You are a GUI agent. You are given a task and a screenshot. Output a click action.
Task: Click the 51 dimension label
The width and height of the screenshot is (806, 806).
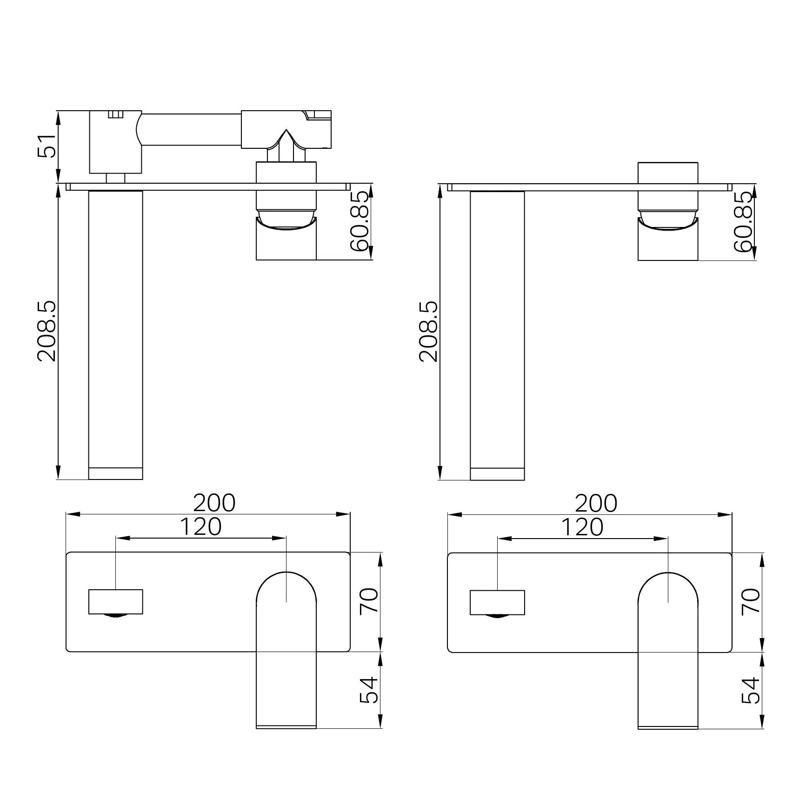(x=47, y=147)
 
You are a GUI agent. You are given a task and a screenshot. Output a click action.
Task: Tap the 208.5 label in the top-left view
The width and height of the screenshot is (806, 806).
(x=47, y=331)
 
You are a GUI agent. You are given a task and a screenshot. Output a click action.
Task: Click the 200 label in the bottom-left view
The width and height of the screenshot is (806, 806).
(x=214, y=503)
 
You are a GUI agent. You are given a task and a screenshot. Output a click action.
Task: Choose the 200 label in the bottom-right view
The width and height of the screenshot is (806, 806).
(x=596, y=503)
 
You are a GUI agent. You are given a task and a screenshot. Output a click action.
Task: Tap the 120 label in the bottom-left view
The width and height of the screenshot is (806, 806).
(x=200, y=527)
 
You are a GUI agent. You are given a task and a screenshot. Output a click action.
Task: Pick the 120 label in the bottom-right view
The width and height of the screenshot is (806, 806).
(x=582, y=527)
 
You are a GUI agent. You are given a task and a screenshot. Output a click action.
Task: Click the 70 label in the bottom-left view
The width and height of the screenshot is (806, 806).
(x=370, y=601)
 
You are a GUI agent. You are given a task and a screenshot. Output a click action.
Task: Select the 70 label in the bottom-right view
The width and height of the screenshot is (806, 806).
(x=751, y=601)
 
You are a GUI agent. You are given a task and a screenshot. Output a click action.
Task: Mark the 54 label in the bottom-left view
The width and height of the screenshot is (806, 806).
(x=370, y=690)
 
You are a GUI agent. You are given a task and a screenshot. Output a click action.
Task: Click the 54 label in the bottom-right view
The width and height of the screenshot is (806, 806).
(x=751, y=690)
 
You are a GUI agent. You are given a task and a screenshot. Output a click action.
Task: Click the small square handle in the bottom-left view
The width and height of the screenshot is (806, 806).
(x=116, y=601)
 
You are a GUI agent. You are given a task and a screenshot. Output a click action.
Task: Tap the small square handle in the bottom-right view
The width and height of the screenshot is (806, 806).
(x=497, y=602)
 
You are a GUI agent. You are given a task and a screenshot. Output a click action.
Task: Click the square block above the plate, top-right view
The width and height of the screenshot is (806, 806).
(x=668, y=173)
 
